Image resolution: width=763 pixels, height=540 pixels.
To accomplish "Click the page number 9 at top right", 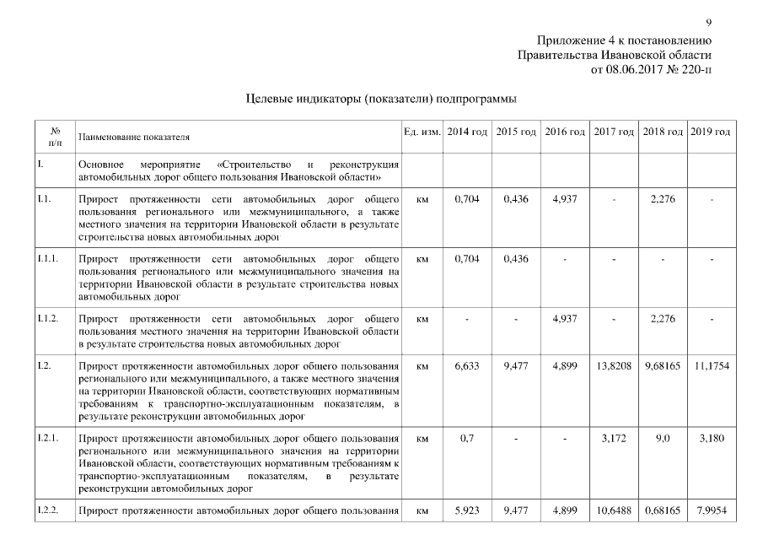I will [708, 22].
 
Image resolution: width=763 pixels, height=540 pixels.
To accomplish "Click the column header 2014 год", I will [466, 133].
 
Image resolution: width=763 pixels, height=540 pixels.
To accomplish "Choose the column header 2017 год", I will [614, 133].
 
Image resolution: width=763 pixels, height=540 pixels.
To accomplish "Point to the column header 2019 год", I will [711, 133].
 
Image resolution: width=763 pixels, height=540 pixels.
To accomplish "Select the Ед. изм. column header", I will [422, 133].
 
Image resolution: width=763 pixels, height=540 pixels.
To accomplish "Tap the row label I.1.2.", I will [47, 319].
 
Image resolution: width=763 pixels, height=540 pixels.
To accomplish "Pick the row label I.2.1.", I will [47, 440].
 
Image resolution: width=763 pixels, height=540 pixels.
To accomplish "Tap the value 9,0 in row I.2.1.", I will [663, 440].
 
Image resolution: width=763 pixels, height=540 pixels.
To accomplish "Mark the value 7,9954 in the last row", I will [711, 511].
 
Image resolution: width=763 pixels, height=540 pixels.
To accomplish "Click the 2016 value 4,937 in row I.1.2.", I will [564, 319].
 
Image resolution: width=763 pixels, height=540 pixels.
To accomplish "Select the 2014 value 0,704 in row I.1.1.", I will [466, 259].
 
